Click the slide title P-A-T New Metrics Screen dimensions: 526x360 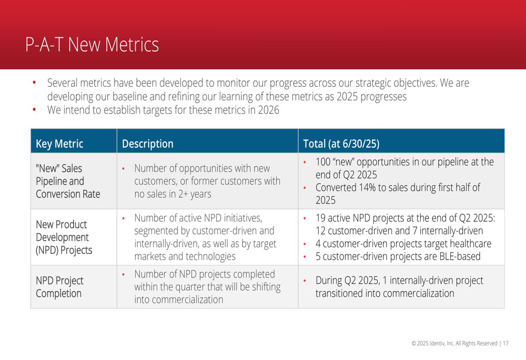92,45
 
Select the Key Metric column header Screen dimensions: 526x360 59,144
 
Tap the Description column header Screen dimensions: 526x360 148,144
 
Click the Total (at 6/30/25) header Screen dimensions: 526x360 341,144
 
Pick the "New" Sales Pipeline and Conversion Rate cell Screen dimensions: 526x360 68,181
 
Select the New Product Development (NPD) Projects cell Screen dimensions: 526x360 64,238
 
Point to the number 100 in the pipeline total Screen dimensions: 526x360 323,162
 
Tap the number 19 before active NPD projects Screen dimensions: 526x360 320,218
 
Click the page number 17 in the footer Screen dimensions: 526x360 505,343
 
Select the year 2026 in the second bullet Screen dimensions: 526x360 268,110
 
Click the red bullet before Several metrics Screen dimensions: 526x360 34,83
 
